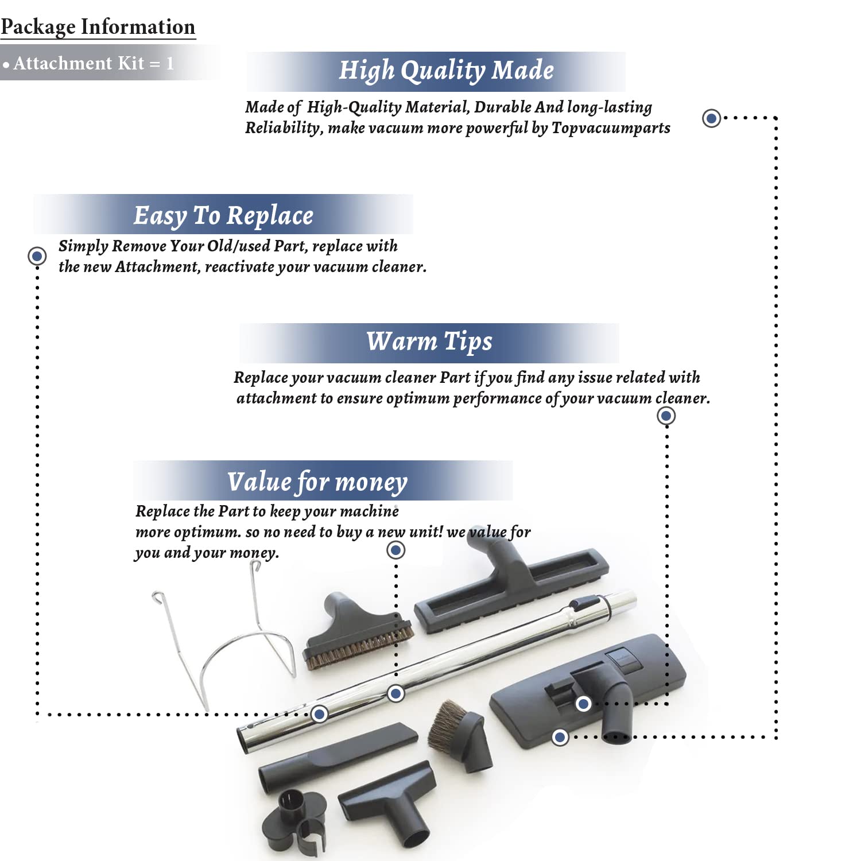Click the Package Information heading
tap(98, 27)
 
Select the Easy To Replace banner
tap(223, 215)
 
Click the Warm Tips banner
tap(429, 342)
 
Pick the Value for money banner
tap(317, 481)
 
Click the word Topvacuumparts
tap(611, 127)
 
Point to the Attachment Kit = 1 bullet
tap(89, 63)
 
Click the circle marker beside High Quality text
tap(711, 118)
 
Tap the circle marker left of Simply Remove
tap(37, 255)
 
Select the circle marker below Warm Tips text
tap(666, 416)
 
